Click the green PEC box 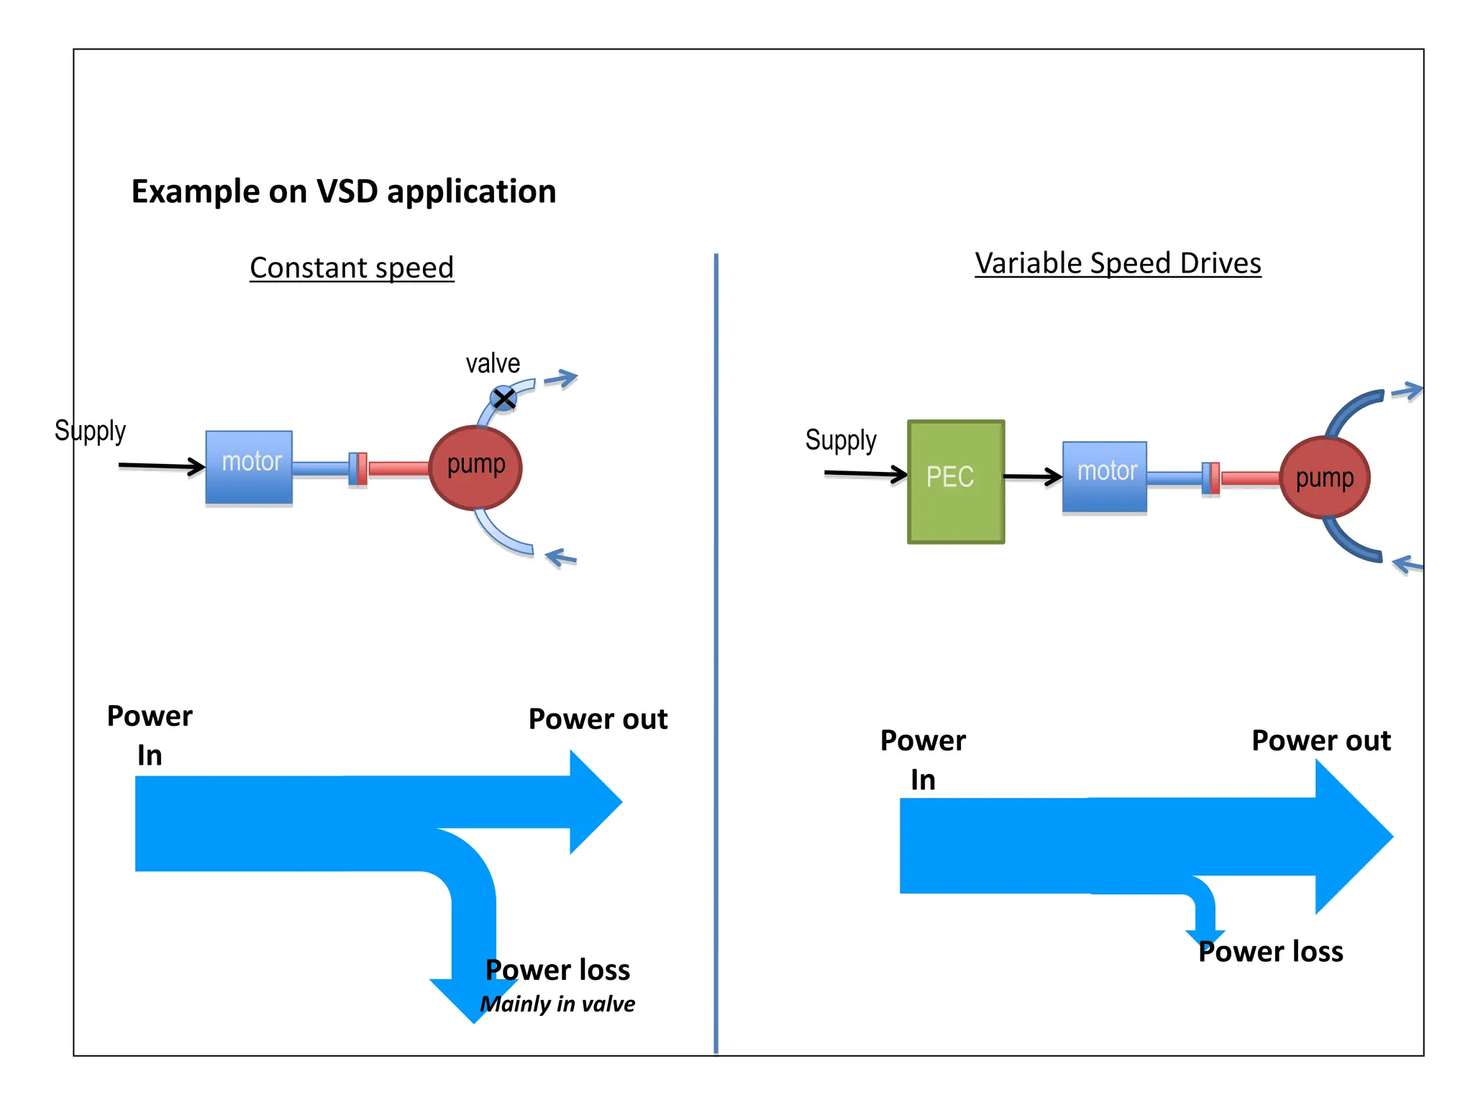955,481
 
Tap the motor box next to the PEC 1104,476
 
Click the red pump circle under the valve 475,468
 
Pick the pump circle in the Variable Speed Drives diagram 1324,478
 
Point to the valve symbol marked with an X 503,398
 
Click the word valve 493,363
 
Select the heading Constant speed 352,268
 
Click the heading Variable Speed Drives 1118,263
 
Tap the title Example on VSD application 343,191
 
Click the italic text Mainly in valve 557,1004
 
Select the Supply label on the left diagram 90,431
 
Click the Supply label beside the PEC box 841,440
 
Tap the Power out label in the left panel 598,719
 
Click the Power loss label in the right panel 1270,952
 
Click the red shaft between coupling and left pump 398,469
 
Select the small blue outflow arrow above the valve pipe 562,378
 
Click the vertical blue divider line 716,647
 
